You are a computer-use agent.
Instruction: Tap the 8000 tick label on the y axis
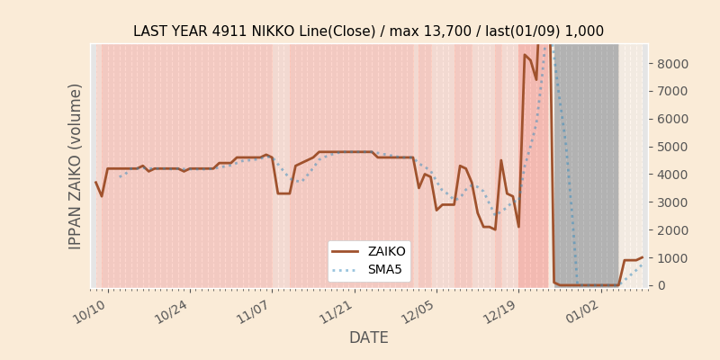(674, 64)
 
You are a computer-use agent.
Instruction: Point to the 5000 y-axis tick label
(674, 147)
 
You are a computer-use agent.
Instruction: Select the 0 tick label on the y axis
(661, 285)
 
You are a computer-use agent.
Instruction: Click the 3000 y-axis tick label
(674, 202)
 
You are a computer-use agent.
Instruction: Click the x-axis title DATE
(369, 338)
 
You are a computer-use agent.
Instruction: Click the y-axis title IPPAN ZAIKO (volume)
(76, 166)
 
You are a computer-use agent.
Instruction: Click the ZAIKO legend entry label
(386, 252)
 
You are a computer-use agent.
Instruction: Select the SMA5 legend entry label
(385, 269)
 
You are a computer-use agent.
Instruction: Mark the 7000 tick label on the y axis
(674, 92)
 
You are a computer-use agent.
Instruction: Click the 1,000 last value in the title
(585, 31)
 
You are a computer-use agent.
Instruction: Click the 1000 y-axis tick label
(674, 257)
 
